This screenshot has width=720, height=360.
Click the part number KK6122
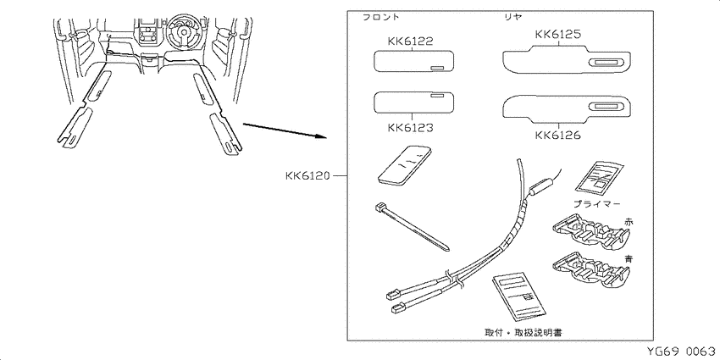coord(410,42)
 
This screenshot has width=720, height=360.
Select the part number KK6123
coord(410,127)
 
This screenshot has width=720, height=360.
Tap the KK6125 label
coord(558,34)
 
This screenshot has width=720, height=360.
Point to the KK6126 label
coord(558,136)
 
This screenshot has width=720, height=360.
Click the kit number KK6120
coord(307,176)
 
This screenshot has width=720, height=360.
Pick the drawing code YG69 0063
coord(681,352)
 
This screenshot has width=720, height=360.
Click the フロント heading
coord(381,17)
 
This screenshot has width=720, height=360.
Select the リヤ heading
coord(514,17)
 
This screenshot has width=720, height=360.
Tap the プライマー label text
coord(597,203)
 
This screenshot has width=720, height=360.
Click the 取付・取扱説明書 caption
coord(523,331)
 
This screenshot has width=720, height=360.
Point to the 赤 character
coord(629,221)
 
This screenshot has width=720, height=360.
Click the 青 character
coord(629,258)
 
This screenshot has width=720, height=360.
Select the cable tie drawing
coord(412,227)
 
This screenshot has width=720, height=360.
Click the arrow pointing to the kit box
coord(285,130)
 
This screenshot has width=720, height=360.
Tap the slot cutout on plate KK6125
coord(606,64)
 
